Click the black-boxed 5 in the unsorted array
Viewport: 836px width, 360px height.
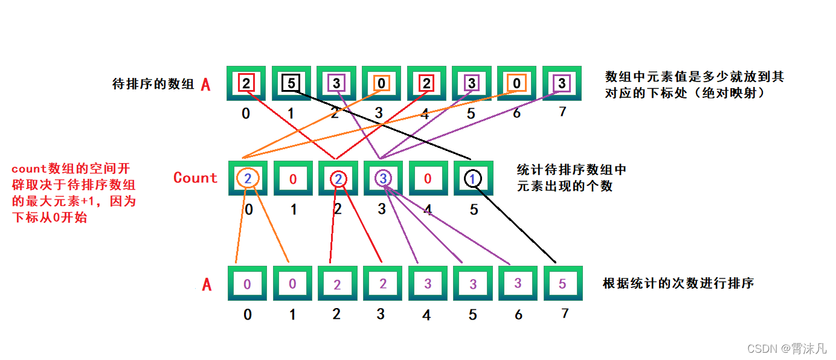(x=291, y=83)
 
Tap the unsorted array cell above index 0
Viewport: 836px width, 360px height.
(x=246, y=83)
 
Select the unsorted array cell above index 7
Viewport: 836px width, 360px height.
(x=562, y=83)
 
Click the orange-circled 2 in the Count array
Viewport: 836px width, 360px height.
(x=248, y=178)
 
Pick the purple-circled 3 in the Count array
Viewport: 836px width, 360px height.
(x=382, y=178)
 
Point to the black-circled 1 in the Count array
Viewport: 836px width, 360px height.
(x=473, y=178)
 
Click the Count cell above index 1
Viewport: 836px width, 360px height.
(x=293, y=178)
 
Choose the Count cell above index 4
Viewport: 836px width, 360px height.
(x=428, y=178)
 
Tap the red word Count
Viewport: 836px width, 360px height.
(x=195, y=178)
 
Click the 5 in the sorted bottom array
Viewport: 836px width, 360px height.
(x=562, y=283)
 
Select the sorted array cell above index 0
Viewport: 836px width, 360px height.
(x=248, y=283)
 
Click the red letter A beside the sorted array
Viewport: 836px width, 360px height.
(x=207, y=284)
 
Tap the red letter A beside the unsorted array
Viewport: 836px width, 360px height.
(x=205, y=85)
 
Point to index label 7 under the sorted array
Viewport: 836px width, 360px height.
(x=565, y=313)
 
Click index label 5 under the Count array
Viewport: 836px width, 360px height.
(x=474, y=210)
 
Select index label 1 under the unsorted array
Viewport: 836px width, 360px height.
(x=291, y=113)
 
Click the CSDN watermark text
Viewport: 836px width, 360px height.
(x=786, y=349)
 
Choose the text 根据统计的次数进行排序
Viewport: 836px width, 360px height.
(x=678, y=283)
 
